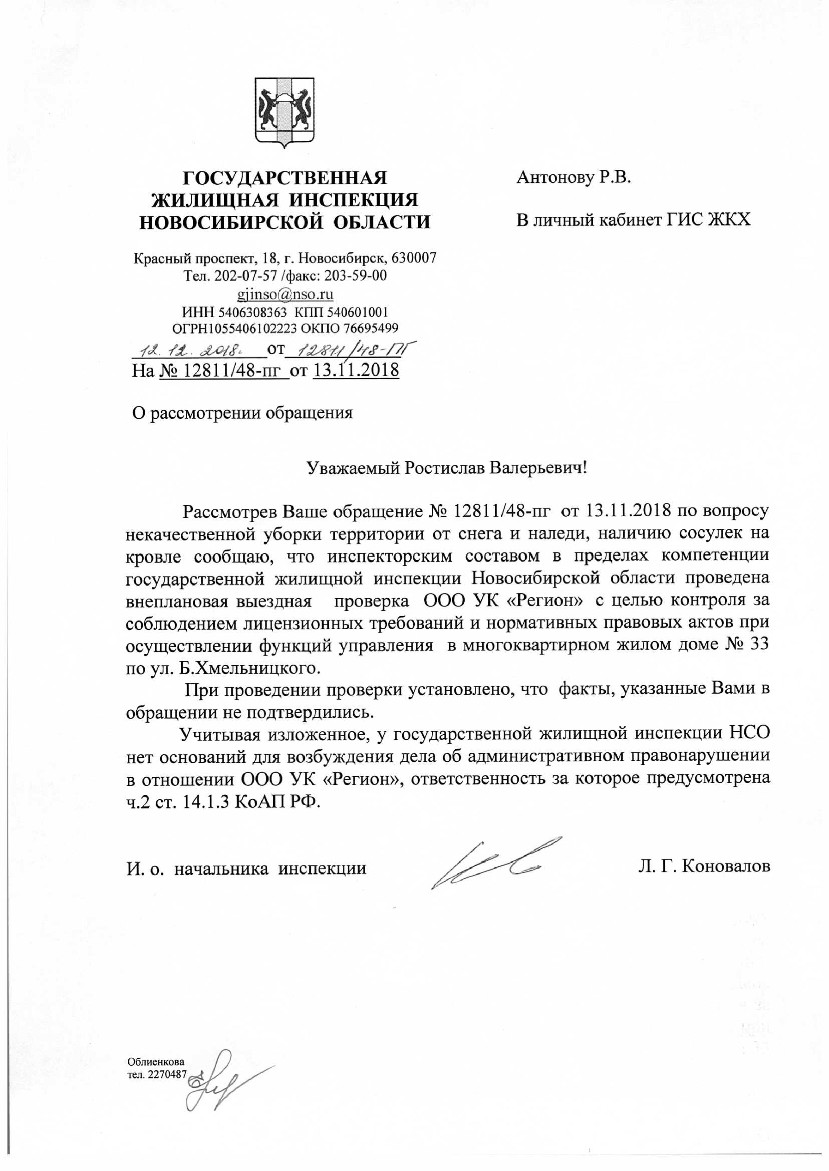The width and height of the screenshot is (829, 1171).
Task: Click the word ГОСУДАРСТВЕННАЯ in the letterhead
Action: pyautogui.click(x=285, y=178)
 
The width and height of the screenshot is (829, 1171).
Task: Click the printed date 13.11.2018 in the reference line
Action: pyautogui.click(x=356, y=369)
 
